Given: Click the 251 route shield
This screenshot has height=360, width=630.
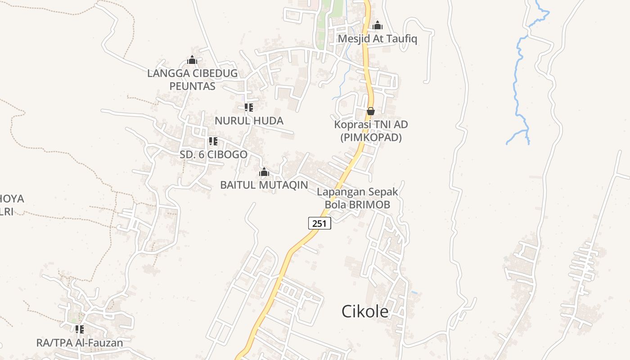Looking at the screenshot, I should coord(319,223).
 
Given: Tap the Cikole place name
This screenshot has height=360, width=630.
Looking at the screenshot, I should coord(365,311).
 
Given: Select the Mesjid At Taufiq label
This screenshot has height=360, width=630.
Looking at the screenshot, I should coord(377,39).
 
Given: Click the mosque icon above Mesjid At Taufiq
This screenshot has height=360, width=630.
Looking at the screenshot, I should coord(378,25).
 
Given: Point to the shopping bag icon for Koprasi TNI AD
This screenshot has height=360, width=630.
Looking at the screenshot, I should coord(371,111).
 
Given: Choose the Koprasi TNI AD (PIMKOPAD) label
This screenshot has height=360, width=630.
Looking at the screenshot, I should coord(371,130).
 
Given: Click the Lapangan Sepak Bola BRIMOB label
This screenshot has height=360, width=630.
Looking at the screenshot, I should coord(357,198).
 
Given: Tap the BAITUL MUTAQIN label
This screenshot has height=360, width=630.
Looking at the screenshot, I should coord(264,184).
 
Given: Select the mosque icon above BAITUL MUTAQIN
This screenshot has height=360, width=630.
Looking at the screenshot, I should coord(264,172).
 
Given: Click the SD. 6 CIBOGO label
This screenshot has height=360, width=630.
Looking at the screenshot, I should coord(213,154).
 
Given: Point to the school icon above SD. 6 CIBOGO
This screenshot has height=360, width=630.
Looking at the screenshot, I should coord(213,141).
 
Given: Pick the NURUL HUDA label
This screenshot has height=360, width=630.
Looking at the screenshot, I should coord(249,121).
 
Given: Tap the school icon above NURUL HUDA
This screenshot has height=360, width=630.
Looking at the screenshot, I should coord(248,107).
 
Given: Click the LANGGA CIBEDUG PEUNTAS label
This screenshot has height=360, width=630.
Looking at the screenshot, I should coord(192,79).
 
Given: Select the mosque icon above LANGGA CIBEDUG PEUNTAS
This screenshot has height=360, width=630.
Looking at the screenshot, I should coord(192,60).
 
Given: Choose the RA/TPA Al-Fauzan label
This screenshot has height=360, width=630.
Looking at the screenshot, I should coord(80,342).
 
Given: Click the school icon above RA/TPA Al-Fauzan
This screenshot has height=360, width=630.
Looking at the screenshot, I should coord(80,329).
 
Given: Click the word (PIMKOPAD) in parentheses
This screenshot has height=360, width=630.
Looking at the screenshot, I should coord(371,137).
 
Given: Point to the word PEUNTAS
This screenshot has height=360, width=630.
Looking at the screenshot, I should coord(192,86).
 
